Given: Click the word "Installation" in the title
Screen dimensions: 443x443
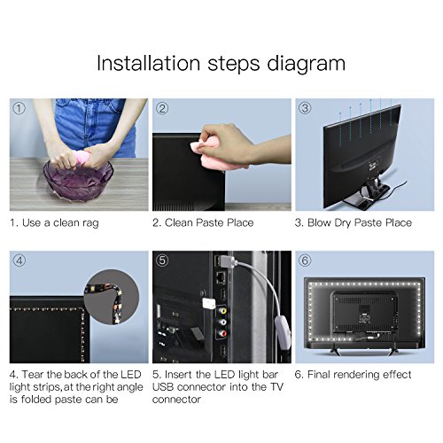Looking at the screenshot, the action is point(149,63).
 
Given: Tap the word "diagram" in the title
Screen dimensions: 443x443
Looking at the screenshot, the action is point(307,64).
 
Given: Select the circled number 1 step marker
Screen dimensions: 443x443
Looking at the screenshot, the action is point(19,109).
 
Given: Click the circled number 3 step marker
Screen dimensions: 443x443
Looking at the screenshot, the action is point(305,108).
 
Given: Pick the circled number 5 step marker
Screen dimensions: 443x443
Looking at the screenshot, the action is point(162,260).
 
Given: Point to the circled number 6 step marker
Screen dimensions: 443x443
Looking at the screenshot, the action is point(305,260).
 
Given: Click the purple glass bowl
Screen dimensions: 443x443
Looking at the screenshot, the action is point(79,179).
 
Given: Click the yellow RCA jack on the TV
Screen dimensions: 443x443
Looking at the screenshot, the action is point(221,311).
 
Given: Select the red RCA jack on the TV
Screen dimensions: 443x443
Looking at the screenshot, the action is point(221,334).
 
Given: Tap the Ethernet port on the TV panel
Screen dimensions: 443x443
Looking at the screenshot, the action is point(221,277).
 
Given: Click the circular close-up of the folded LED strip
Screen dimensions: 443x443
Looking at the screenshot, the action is point(112,297).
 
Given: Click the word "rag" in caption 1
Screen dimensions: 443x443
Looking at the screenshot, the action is point(90,223).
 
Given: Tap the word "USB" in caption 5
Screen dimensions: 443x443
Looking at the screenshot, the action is point(163,387).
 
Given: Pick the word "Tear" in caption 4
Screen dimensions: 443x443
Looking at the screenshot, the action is point(33,375).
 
